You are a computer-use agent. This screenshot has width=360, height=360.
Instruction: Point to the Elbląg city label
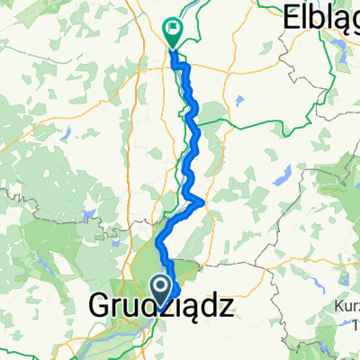[x=322, y=15]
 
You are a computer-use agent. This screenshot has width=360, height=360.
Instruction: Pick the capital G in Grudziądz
[x=101, y=310]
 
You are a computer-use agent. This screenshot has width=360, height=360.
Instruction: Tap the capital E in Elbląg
[x=292, y=15]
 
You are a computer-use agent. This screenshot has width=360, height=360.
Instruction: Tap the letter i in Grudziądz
[x=178, y=310]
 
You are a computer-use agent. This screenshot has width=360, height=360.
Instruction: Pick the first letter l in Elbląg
[x=306, y=15]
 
